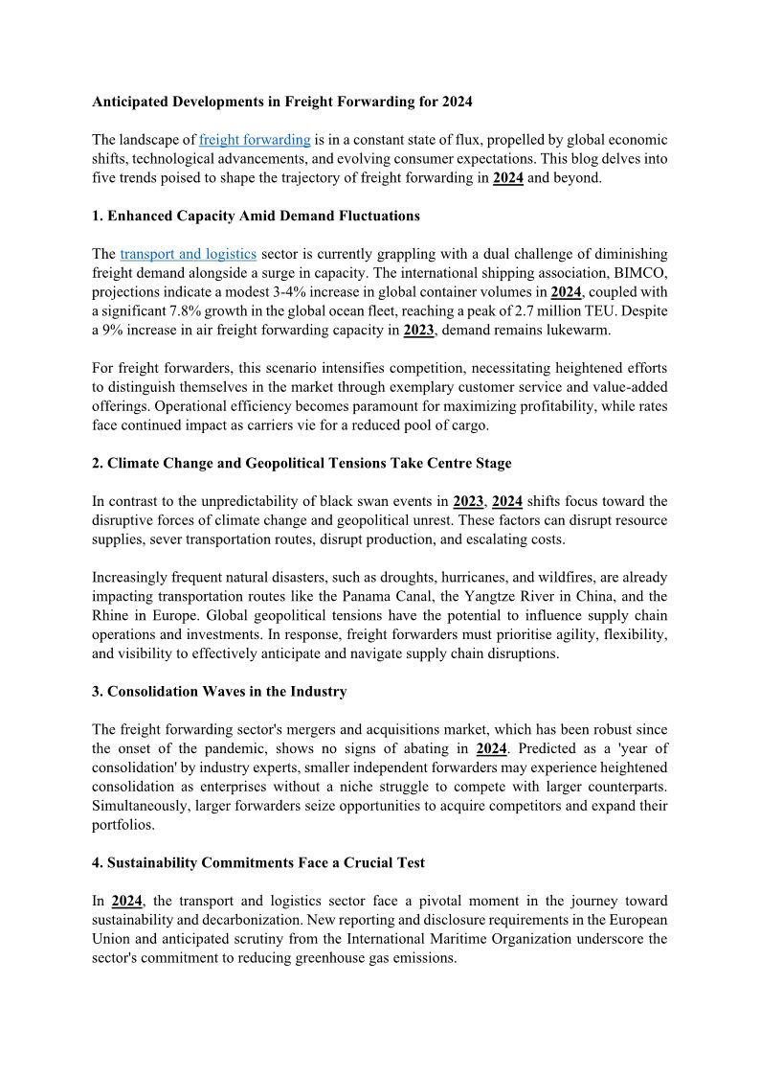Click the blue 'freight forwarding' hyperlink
point(255,140)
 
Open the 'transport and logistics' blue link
point(188,254)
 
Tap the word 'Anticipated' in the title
point(128,101)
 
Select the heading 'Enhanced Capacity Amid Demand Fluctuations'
point(263,216)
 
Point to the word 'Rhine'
point(113,615)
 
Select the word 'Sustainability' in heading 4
point(153,862)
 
